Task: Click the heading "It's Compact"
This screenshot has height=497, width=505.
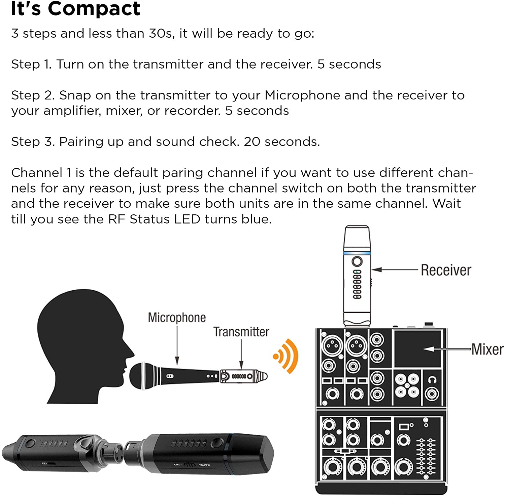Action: [x=75, y=9]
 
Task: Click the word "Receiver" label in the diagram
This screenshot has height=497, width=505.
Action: [x=446, y=270]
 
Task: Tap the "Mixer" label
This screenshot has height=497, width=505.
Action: [x=487, y=349]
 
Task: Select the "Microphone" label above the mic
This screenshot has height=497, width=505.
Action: [x=177, y=318]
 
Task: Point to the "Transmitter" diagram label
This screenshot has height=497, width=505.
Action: [x=241, y=332]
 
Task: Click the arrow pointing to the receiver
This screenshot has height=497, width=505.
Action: [x=394, y=270]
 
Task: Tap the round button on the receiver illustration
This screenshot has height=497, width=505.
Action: [x=357, y=261]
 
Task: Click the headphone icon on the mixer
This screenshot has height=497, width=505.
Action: [x=432, y=380]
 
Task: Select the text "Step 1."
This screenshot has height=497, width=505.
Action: [x=31, y=64]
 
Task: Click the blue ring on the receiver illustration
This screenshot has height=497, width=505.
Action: [x=357, y=253]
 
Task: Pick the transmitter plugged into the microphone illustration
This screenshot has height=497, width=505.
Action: [x=243, y=376]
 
